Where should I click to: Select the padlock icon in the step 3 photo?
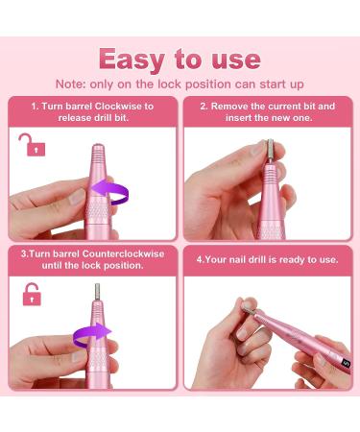click(x=31, y=293)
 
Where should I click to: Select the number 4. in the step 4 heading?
click(x=201, y=259)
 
